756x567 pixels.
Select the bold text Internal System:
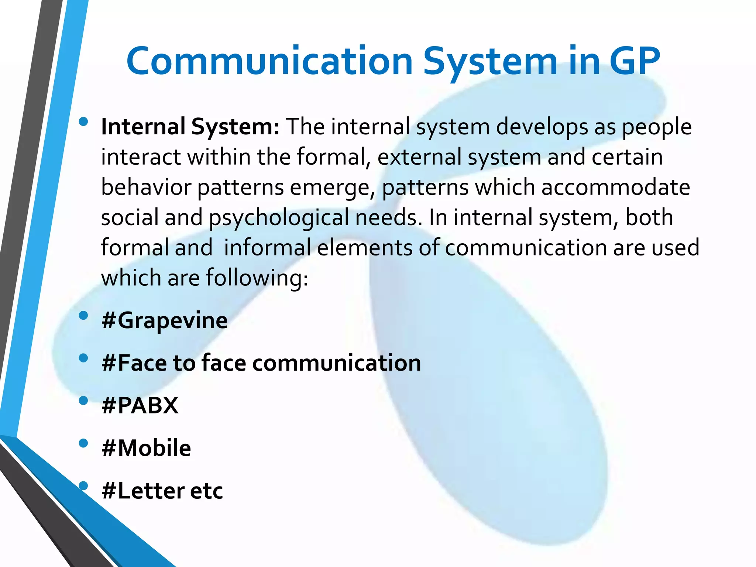point(190,127)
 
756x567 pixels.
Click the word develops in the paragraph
point(539,127)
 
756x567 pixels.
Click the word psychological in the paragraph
point(279,217)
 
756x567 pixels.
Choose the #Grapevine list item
point(165,320)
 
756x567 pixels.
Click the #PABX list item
point(140,405)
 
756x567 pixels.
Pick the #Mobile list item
point(146,448)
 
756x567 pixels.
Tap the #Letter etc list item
point(162,491)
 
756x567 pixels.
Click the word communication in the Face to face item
point(337,363)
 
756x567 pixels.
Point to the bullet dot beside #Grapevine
point(83,315)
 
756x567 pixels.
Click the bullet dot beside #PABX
point(83,401)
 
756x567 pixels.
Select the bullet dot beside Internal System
point(83,121)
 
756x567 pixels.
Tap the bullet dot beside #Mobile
point(83,443)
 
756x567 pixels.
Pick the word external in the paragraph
point(419,157)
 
